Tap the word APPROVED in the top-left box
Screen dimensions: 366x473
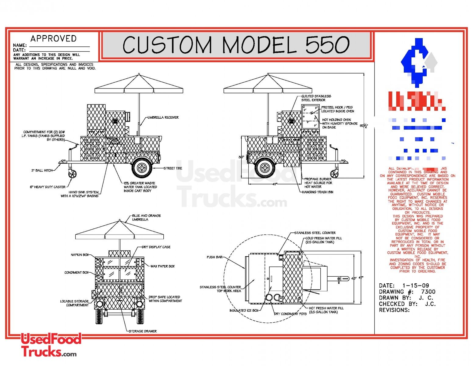(53, 39)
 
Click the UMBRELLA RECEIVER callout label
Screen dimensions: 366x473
(163, 117)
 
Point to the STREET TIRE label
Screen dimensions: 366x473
(173, 168)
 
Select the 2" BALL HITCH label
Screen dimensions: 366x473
(42, 170)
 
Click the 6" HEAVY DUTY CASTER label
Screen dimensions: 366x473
(48, 187)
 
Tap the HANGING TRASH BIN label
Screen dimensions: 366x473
(317, 192)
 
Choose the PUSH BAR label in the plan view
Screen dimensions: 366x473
(215, 257)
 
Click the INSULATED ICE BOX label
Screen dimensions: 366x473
(244, 310)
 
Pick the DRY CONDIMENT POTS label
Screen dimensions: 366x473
(290, 314)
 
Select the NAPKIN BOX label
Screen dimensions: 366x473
(80, 255)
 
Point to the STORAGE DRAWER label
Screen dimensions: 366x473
(143, 331)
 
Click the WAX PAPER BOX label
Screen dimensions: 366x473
(162, 266)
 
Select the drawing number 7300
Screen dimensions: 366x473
(428, 292)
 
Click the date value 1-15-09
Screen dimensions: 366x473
(416, 285)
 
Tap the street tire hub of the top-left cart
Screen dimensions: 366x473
(142, 168)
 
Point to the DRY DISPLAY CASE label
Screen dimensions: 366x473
(156, 247)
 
